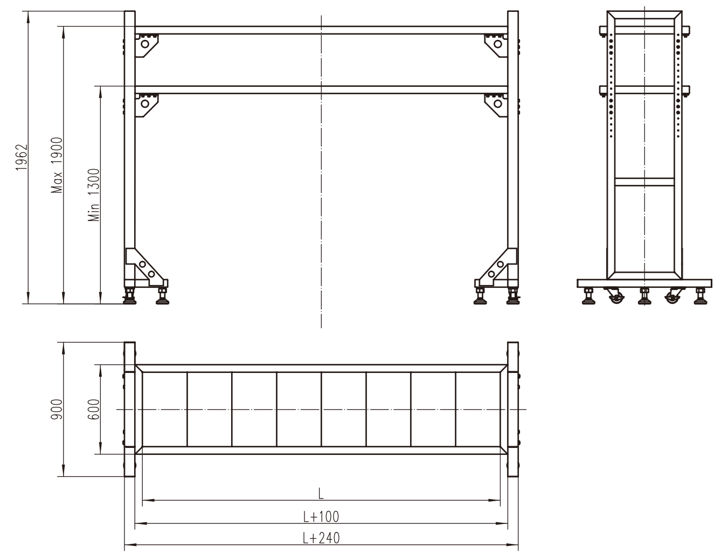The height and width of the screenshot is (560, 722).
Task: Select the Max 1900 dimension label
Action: (57, 165)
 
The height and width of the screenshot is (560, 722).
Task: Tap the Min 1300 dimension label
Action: (94, 195)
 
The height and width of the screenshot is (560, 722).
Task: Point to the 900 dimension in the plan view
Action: (57, 409)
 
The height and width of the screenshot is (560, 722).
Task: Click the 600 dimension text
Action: (94, 409)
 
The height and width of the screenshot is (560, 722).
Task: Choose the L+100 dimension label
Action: (321, 517)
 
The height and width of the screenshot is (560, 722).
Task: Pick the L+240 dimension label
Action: (321, 538)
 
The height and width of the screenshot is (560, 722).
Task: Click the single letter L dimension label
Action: (321, 494)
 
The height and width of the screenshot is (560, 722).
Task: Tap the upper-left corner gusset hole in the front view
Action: (145, 44)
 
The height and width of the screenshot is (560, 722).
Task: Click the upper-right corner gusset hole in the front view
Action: (498, 44)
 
